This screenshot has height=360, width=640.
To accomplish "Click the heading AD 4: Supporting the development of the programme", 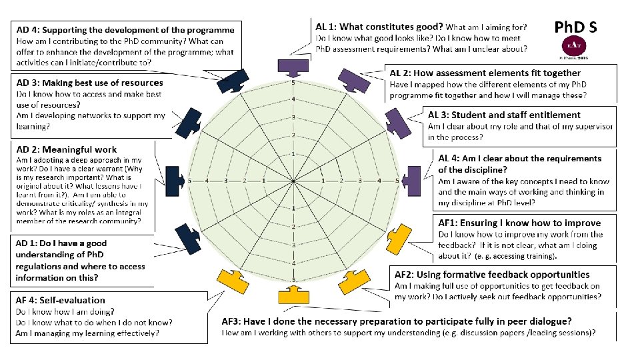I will click(x=125, y=30).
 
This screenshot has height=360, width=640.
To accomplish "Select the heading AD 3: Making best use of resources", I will click(x=89, y=83).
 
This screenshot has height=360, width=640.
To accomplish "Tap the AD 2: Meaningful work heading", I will click(x=66, y=149).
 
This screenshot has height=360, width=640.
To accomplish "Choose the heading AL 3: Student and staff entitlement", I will click(x=504, y=115).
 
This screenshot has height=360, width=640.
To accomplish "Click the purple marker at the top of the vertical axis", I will click(x=293, y=66).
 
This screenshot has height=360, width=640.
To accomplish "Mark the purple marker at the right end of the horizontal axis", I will click(x=413, y=181).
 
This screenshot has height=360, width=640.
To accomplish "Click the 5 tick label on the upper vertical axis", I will click(x=293, y=83).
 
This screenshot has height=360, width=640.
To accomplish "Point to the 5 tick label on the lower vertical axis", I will click(x=293, y=279).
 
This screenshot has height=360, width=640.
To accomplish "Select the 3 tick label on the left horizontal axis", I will click(x=227, y=181).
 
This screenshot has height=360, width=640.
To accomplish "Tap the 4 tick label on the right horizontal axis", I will click(x=379, y=181).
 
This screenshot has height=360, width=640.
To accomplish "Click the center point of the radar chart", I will click(x=293, y=181).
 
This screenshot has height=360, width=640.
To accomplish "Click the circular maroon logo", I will click(x=573, y=48).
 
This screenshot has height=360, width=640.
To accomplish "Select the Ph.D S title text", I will click(x=575, y=27).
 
